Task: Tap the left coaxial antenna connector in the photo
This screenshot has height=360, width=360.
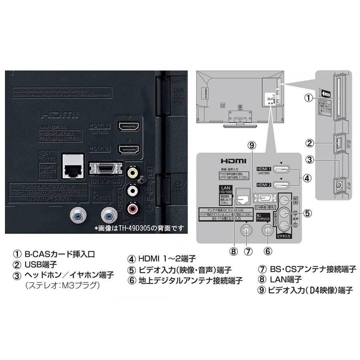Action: point(76,216)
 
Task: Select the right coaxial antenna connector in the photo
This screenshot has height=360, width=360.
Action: point(108,216)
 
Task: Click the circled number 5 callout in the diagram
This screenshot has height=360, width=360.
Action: point(307,213)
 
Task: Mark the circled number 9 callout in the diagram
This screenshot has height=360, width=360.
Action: point(251,145)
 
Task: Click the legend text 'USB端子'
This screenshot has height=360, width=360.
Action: point(38,264)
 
